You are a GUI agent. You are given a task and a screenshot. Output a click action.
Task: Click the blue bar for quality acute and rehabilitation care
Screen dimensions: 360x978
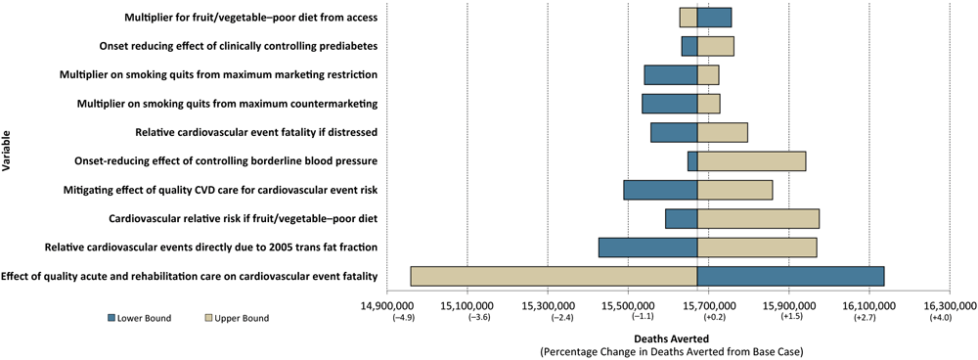pos(790,277)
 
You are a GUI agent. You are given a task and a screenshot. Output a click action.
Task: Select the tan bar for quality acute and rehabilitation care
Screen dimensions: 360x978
pos(554,277)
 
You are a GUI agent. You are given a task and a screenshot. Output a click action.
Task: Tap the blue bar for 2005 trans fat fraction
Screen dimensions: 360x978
pos(647,247)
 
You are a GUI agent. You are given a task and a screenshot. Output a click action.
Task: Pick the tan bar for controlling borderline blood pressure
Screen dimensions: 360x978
pos(751,161)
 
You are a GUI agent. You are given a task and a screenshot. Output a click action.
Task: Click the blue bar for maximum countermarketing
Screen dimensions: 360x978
pos(669,104)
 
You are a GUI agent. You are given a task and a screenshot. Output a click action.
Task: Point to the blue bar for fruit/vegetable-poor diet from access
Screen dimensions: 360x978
pos(714,18)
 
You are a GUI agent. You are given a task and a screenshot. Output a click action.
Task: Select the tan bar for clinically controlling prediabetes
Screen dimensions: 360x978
pos(715,46)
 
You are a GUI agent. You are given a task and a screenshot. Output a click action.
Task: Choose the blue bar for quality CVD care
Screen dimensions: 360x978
pos(660,190)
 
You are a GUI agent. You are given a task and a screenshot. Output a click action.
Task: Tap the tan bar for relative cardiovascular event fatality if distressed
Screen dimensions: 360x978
pos(722,132)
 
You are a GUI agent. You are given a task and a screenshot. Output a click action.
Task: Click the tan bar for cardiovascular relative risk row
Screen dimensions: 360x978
pos(758,218)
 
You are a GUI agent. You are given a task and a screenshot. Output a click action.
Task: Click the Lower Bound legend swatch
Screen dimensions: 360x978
pos(111,318)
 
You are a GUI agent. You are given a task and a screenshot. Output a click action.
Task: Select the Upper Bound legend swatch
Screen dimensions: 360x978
pos(208,318)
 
